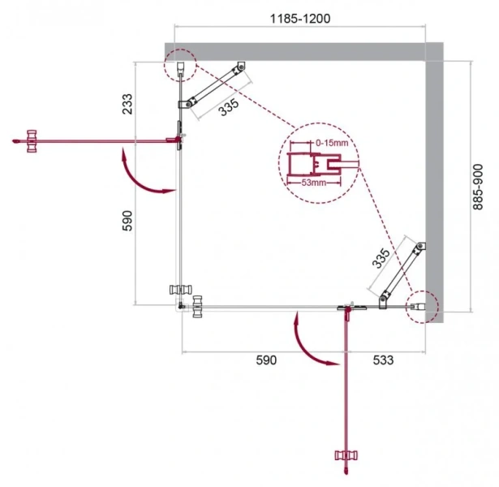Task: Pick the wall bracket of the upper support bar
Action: tap(239, 69)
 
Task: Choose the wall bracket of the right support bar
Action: tap(418, 248)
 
